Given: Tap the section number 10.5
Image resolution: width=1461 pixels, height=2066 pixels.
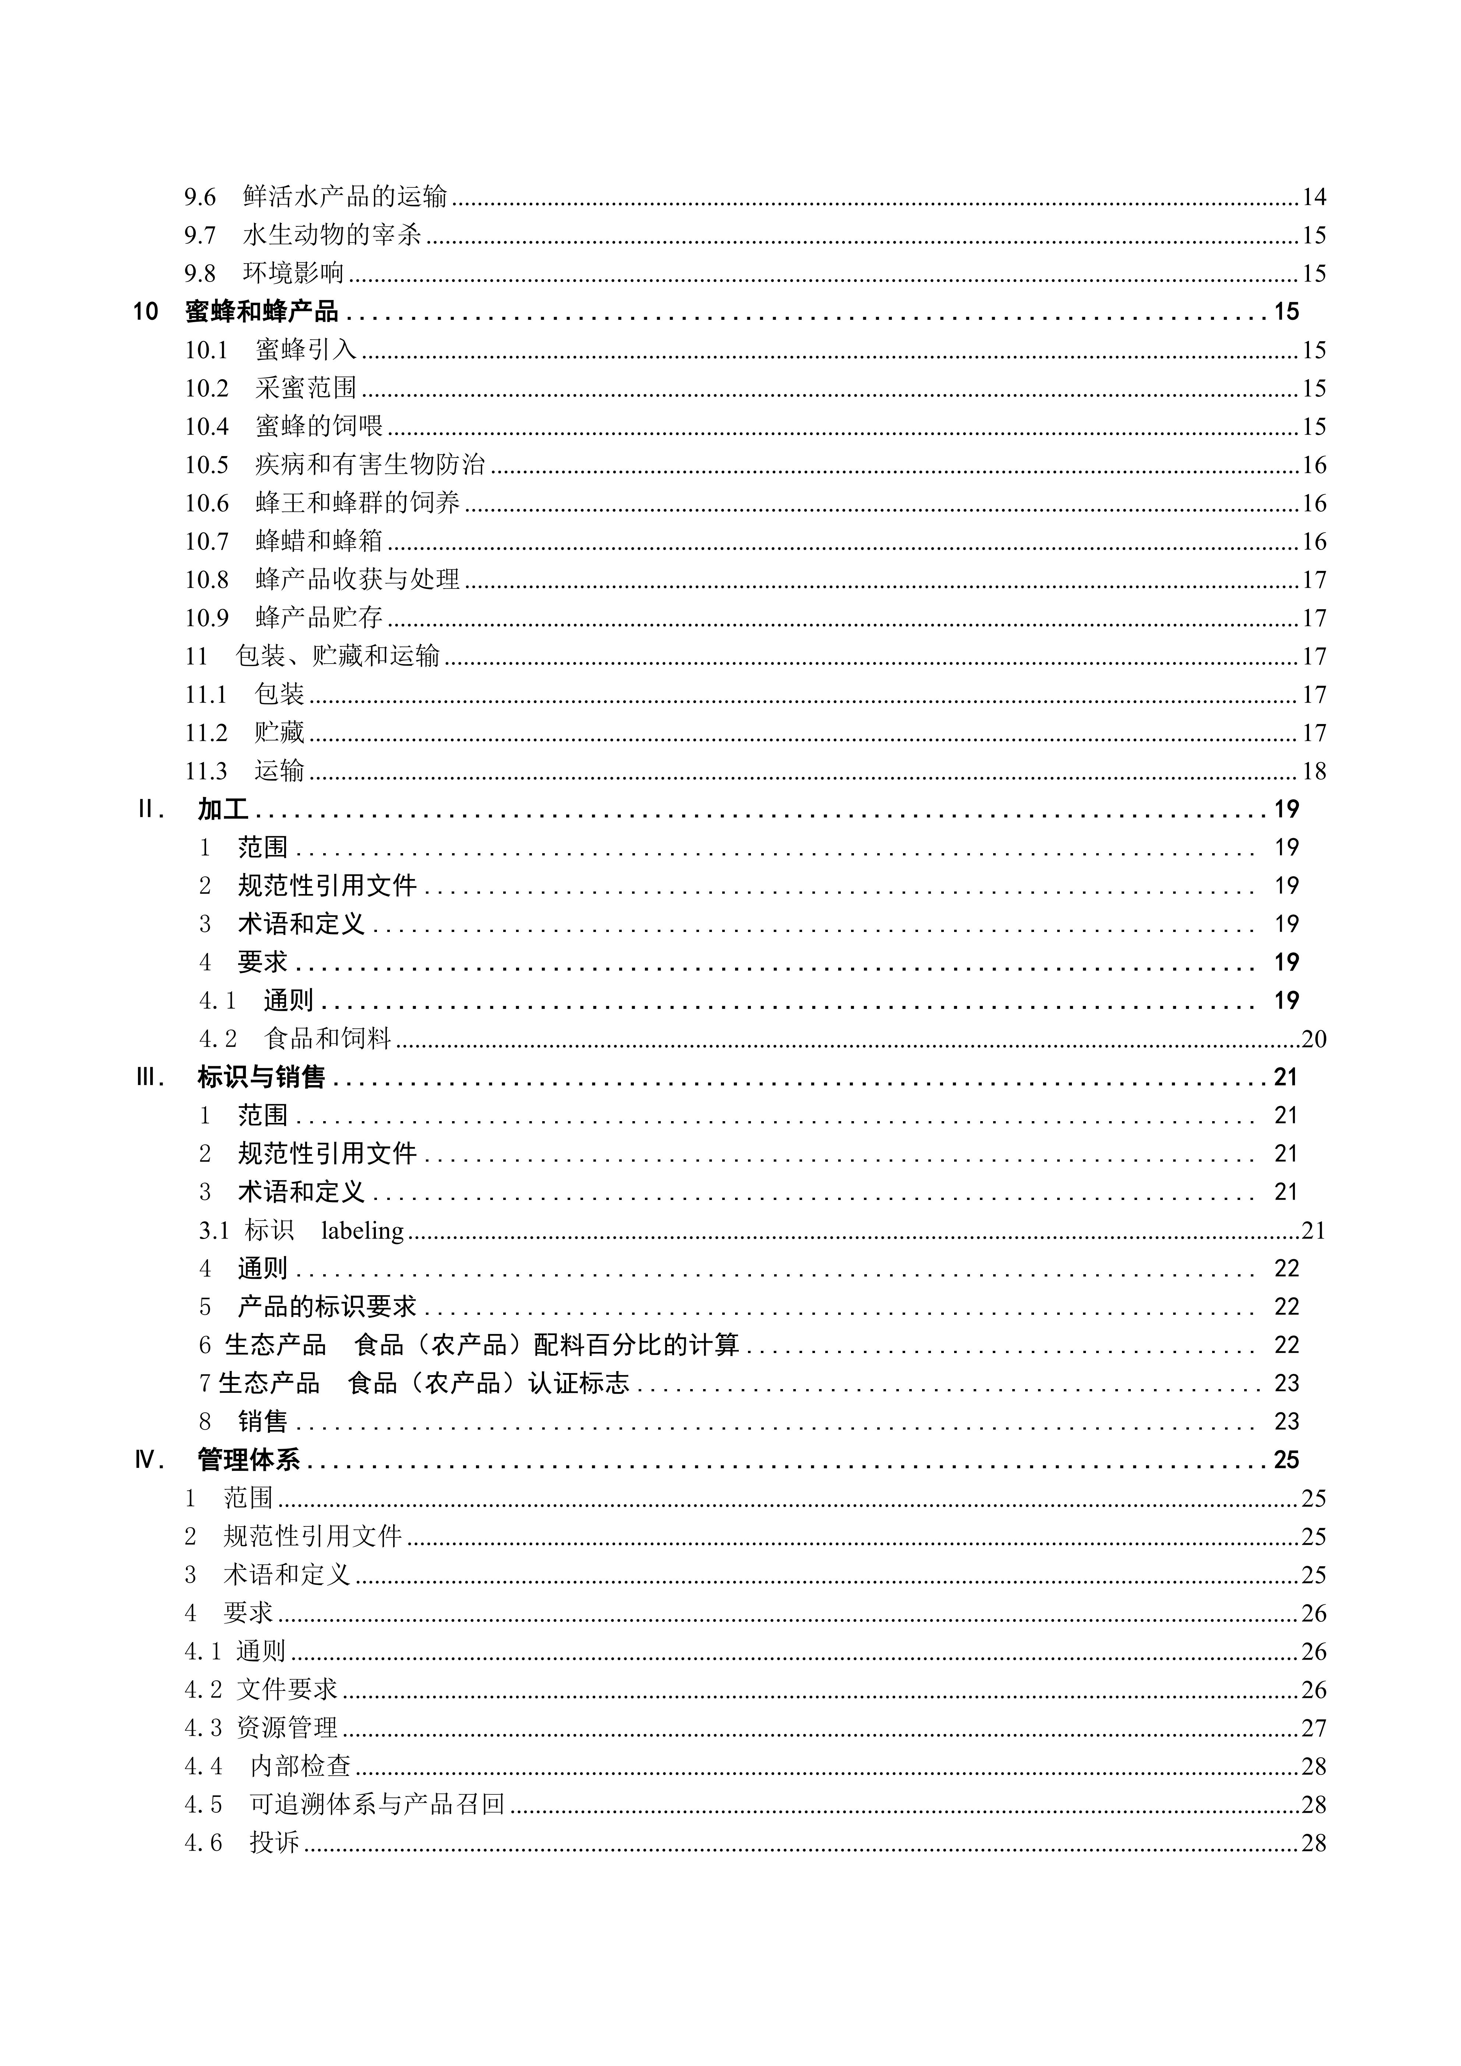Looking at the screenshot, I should (x=207, y=464).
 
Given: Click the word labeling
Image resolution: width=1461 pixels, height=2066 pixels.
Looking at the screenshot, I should (x=363, y=1230).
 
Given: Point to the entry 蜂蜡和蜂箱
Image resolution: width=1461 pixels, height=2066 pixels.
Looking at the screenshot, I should (x=320, y=541).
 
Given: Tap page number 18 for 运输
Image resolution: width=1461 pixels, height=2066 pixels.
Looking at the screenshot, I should (x=1313, y=771).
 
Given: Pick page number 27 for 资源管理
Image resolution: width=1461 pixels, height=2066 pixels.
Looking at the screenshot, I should (x=1313, y=1728).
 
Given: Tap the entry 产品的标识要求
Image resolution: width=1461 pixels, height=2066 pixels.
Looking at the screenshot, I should (x=327, y=1307).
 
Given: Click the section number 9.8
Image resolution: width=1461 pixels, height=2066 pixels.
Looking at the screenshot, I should (x=200, y=273).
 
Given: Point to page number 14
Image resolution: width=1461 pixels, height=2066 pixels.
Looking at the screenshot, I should (x=1313, y=196).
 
